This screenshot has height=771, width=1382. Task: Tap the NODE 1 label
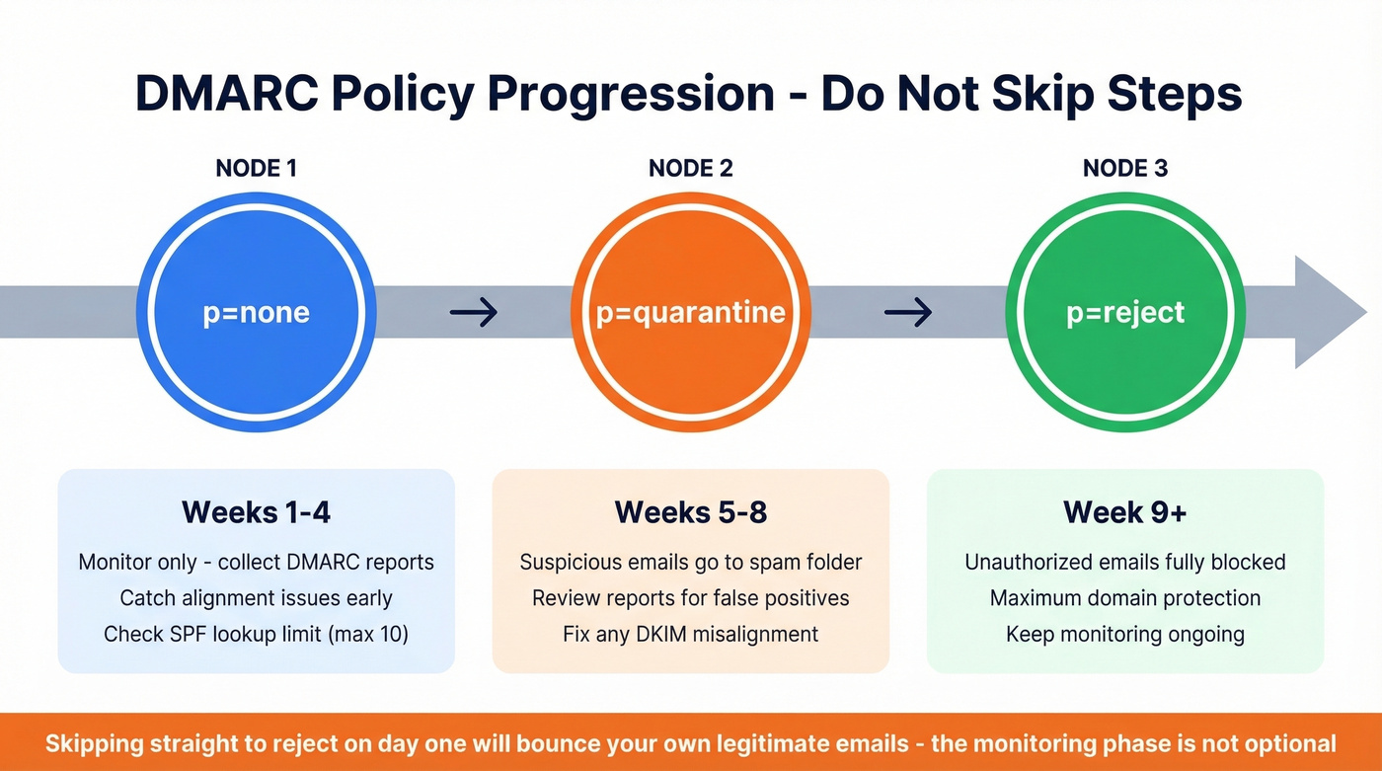click(x=256, y=168)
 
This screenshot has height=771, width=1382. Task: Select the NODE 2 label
click(x=690, y=168)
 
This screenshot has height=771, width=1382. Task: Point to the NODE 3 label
click(x=1124, y=168)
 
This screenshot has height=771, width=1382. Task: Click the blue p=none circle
click(x=256, y=312)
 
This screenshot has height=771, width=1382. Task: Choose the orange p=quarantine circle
click(x=690, y=312)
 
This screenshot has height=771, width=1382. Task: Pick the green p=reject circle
click(x=1124, y=312)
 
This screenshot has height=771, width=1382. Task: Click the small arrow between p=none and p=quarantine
click(x=473, y=313)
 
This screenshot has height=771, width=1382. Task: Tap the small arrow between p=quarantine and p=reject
click(x=907, y=313)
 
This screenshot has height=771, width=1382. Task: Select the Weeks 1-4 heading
click(x=256, y=512)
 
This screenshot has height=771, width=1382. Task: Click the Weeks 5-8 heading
click(x=690, y=512)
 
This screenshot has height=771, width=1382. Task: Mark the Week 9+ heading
click(x=1124, y=512)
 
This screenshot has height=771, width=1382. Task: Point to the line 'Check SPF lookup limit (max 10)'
click(x=256, y=634)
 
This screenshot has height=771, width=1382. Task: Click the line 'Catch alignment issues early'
click(x=256, y=598)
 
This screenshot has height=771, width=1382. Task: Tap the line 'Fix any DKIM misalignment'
click(x=690, y=634)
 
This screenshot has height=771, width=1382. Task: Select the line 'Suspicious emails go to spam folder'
click(x=690, y=563)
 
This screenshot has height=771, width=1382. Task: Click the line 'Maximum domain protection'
click(x=1124, y=598)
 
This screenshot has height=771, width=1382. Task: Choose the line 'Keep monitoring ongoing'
click(x=1124, y=634)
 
